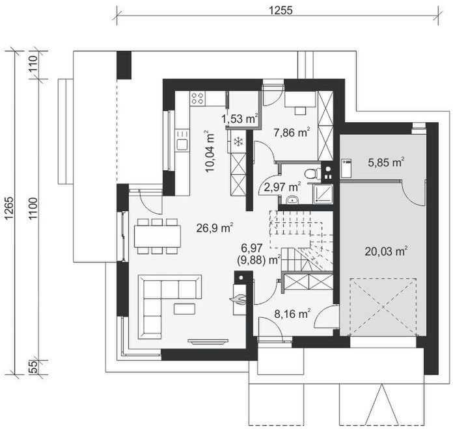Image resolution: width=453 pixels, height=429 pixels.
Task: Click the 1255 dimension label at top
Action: click(x=281, y=10)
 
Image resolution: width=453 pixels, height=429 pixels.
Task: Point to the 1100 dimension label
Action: click(x=33, y=209)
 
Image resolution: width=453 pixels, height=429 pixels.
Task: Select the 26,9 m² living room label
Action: click(x=215, y=228)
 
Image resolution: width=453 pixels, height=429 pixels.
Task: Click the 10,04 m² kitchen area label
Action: click(x=210, y=151)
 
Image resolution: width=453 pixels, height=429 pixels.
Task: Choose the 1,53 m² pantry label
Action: click(x=240, y=119)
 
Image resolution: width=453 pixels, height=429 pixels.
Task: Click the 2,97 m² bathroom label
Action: click(x=283, y=187)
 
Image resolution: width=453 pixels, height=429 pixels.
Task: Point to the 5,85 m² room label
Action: click(x=386, y=162)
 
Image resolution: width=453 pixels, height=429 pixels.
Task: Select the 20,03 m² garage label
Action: click(x=386, y=252)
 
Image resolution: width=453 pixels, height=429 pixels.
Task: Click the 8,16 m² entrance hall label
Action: click(x=292, y=313)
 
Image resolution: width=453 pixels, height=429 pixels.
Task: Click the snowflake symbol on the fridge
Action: click(x=238, y=141)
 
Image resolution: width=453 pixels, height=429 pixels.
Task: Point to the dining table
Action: click(x=158, y=237)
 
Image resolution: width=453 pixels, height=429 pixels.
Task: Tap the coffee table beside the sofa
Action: click(x=184, y=309)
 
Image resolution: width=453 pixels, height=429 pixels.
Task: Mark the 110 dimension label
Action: click(x=33, y=64)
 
